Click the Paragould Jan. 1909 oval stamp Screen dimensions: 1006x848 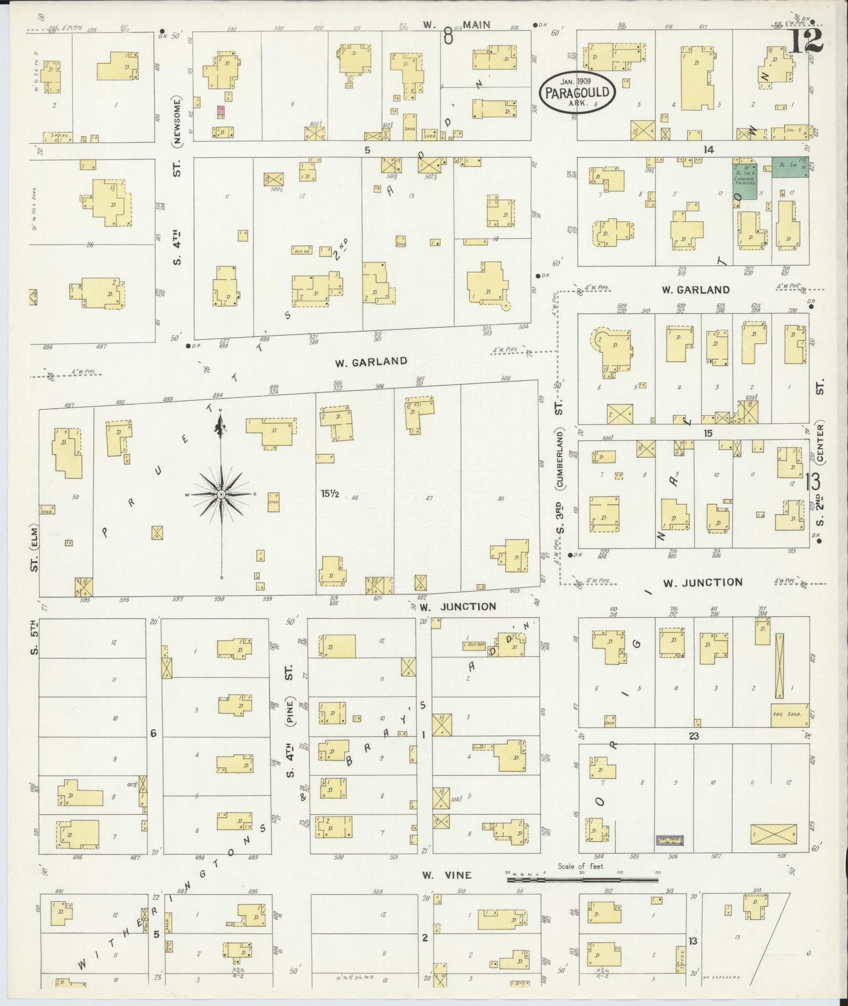coord(578,92)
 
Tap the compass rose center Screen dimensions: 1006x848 coord(221,495)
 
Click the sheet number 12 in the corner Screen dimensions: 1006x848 coord(808,41)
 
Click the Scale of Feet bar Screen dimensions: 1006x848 coord(582,880)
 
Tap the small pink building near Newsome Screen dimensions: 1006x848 coord(221,110)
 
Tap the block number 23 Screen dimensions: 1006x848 coord(694,735)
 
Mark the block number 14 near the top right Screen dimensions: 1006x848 coord(708,150)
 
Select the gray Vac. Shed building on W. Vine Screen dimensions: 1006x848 coord(668,841)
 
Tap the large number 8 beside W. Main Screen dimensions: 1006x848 coord(448,37)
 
